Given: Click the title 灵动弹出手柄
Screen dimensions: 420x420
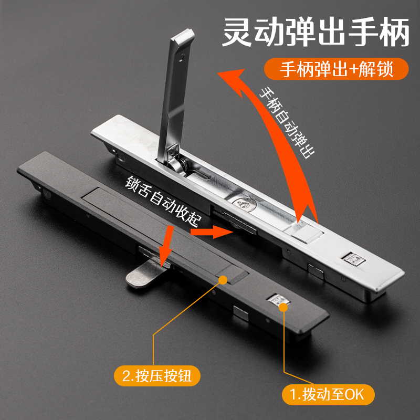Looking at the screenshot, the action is coord(315,33).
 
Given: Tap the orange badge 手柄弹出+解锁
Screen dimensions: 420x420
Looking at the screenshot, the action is coord(336,69).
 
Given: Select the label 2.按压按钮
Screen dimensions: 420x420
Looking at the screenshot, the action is coord(157,376).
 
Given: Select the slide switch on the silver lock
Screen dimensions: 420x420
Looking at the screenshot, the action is coord(353,258).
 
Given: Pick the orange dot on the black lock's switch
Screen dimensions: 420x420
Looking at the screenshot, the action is coord(285,306).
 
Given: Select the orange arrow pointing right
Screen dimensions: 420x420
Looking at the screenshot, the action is coord(210,230).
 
